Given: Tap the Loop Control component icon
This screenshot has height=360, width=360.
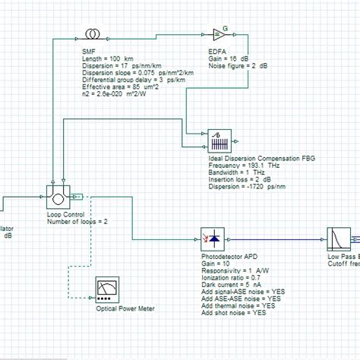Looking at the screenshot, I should (x=59, y=199).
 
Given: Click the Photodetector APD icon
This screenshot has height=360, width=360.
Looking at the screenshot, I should (x=210, y=239).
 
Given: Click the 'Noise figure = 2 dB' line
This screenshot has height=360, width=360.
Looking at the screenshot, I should (x=236, y=66).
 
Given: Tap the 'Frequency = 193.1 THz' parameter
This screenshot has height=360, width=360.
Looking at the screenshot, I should (x=242, y=166).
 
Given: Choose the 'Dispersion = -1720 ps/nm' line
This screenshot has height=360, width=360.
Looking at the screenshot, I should (x=247, y=186).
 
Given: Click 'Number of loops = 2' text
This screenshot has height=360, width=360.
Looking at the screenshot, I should (x=77, y=222).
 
